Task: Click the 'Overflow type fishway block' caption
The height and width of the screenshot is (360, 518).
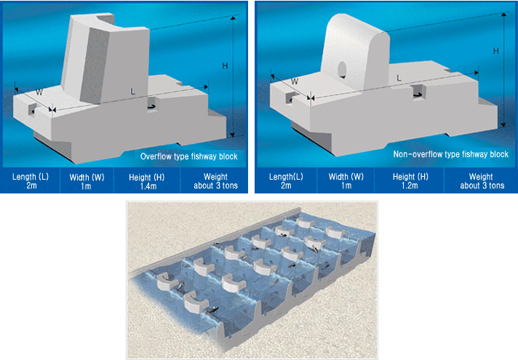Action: [188, 156]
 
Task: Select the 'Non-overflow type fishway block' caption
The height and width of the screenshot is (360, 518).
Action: [450, 154]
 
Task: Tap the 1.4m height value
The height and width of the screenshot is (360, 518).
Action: [148, 186]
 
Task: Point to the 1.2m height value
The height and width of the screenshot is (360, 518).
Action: [410, 185]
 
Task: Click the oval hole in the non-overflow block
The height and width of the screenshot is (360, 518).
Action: [343, 69]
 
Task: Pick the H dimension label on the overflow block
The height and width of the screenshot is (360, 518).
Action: [225, 65]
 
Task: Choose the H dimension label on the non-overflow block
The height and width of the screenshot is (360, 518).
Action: [496, 51]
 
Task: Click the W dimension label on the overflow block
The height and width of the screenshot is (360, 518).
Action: [39, 92]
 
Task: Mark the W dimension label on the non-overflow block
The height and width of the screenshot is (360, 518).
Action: [295, 81]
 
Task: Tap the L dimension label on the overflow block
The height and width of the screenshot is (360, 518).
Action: [133, 92]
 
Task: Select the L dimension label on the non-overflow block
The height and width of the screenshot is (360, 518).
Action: [399, 78]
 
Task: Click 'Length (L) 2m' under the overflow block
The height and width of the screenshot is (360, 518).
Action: [31, 181]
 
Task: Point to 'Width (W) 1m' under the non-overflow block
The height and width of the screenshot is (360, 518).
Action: [346, 181]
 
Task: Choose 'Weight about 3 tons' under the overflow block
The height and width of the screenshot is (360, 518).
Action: [215, 181]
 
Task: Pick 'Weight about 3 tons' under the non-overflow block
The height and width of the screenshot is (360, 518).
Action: [482, 181]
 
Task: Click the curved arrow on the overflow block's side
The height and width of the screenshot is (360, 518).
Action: [153, 106]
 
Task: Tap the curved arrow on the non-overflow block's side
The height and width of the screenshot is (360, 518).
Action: [418, 95]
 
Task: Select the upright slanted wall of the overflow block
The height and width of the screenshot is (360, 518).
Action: [105, 60]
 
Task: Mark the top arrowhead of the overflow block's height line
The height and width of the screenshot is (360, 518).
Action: [234, 18]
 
